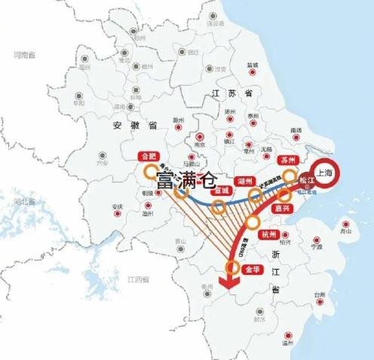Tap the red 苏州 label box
point(287,160)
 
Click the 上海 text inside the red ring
point(327,172)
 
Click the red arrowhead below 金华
point(225,282)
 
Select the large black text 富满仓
point(186,179)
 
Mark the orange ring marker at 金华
point(235,266)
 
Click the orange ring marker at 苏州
point(289,175)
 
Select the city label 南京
point(199,145)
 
